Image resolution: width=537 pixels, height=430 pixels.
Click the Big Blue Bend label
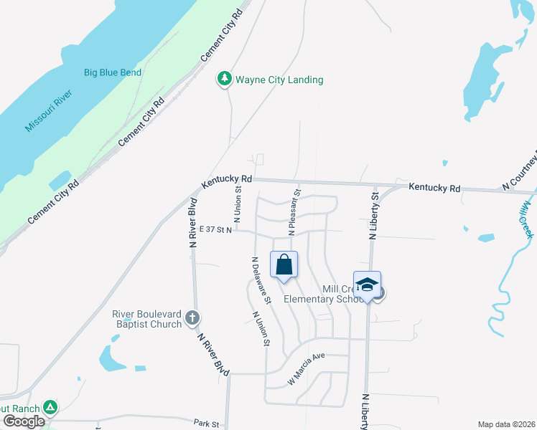pyautogui.click(x=113, y=72)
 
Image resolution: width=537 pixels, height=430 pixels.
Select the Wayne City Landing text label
pyautogui.click(x=279, y=80)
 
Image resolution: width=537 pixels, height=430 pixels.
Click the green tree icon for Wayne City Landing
pyautogui.click(x=225, y=79)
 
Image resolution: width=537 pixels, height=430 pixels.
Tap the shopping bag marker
pyautogui.click(x=284, y=264)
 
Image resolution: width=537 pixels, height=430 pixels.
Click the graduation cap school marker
pyautogui.click(x=367, y=285)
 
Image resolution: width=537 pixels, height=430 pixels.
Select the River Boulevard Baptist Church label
pyautogui.click(x=147, y=319)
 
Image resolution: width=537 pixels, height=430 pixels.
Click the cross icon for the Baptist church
pyautogui.click(x=192, y=317)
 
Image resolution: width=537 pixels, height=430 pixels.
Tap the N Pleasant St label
pyautogui.click(x=294, y=213)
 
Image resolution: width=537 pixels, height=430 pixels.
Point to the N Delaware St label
pyautogui.click(x=260, y=281)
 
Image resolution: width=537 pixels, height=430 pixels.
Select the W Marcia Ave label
pyautogui.click(x=307, y=369)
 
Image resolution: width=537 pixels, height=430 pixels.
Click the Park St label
pyautogui.click(x=205, y=424)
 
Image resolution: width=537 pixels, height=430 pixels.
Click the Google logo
pyautogui.click(x=24, y=421)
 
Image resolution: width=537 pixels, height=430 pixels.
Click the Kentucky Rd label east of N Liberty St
pyautogui.click(x=434, y=188)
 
